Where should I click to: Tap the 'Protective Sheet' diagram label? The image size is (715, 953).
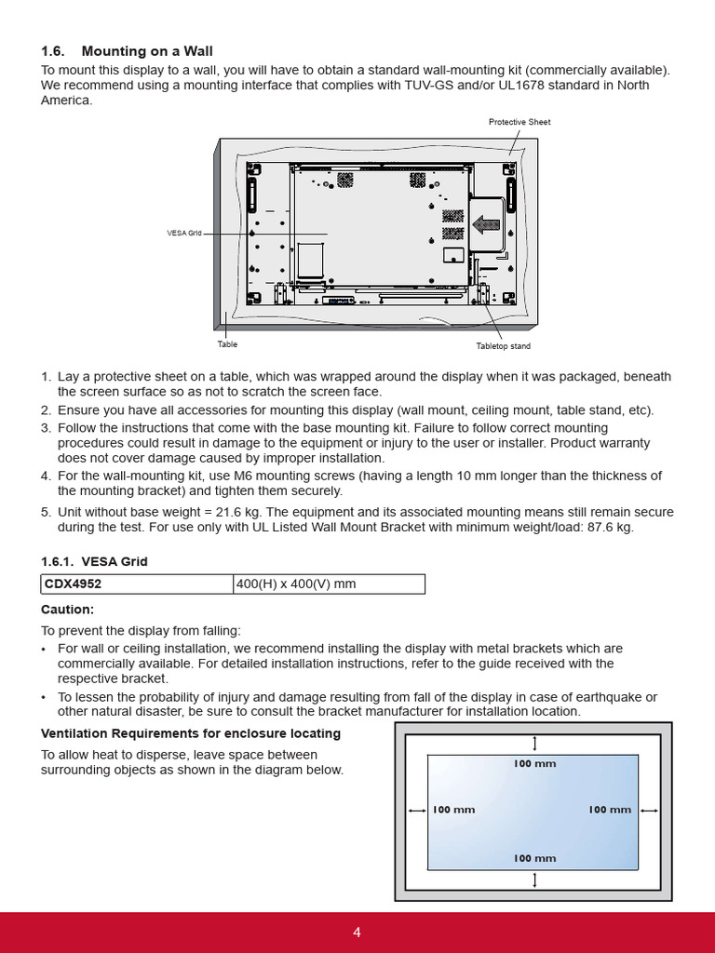(x=519, y=122)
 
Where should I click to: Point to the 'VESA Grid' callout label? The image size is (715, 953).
(x=184, y=234)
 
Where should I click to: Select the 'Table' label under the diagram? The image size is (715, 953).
(x=227, y=344)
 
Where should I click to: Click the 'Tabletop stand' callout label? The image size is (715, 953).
(x=503, y=346)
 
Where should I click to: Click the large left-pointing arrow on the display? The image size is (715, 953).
(x=487, y=224)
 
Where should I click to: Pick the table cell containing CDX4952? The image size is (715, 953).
(x=137, y=584)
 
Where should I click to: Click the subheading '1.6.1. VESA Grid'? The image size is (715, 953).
(x=94, y=561)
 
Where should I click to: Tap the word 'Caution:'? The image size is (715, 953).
(x=67, y=610)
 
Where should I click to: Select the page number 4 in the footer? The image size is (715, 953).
(x=357, y=933)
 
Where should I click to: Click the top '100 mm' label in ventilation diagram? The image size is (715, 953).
(x=534, y=763)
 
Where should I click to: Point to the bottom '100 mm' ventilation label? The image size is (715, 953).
(x=534, y=858)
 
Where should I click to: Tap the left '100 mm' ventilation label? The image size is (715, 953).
(x=453, y=810)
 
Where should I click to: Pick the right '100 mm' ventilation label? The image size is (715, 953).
(x=610, y=810)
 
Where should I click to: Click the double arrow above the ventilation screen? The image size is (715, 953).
(x=534, y=743)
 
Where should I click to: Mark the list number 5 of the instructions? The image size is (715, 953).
(x=46, y=512)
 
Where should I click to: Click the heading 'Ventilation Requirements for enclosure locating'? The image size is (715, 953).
(x=191, y=733)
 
